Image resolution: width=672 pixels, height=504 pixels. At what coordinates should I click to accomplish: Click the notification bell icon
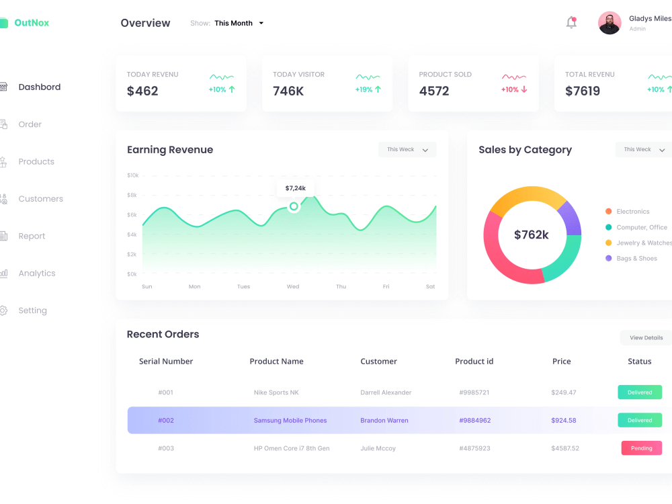coord(571,22)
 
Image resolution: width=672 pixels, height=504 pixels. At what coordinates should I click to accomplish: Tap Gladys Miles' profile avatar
coord(610,23)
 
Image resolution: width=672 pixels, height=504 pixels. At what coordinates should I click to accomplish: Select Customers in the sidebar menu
coord(40,199)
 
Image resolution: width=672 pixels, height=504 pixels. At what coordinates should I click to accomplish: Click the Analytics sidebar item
coord(37,274)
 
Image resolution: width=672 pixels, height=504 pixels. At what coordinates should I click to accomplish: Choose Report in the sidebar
coord(32,236)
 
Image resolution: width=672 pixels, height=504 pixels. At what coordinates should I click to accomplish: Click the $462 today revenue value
coord(142,91)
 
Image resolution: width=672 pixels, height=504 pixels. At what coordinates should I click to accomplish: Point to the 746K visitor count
coord(288,91)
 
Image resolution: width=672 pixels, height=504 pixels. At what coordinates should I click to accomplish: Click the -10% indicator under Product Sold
coord(514,89)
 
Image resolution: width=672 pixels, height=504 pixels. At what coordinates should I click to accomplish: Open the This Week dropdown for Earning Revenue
coord(407,150)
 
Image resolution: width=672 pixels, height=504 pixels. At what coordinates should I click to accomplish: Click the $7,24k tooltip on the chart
coord(295,188)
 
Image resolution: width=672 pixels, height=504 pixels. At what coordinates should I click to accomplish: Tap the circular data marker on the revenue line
coord(294,206)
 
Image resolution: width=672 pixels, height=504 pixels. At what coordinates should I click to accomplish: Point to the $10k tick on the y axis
coord(132,175)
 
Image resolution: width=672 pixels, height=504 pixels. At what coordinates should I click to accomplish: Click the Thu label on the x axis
coord(341,287)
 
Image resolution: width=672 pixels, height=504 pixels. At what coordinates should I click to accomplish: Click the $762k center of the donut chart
coord(532,235)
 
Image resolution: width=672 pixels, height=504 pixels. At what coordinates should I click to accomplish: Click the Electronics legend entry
coord(632,212)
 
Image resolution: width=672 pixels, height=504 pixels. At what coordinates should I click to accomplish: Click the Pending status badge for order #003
coord(641,448)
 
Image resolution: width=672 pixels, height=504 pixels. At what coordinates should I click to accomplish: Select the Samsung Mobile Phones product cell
coord(290,421)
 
